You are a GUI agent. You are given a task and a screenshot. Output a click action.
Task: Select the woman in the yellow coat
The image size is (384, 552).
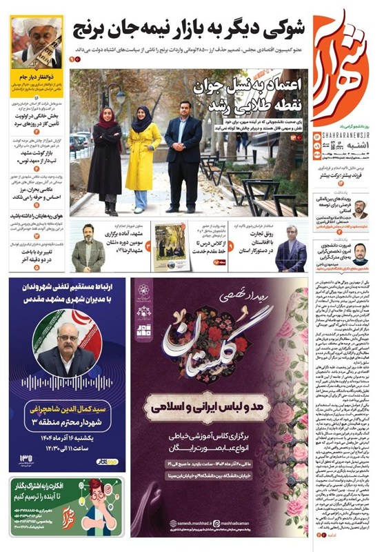[143, 155]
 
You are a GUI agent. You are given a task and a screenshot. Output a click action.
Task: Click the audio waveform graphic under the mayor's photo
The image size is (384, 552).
[68, 383]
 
